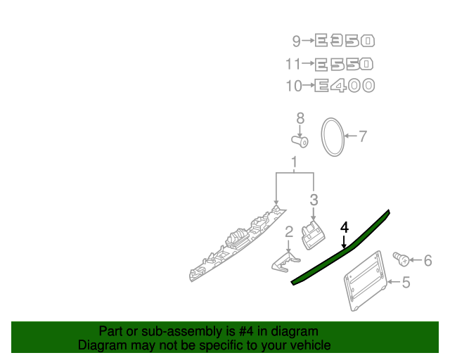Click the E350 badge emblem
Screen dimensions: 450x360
coord(345,41)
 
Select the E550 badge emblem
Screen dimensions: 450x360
coord(344,64)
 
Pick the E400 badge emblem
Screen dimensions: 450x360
coord(345,86)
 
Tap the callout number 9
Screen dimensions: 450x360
coord(296,41)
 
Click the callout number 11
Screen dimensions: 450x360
coord(293,64)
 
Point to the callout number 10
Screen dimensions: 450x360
coord(294,86)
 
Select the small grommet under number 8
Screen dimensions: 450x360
coord(300,141)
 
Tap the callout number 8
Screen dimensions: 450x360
coord(300,118)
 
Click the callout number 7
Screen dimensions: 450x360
coord(363,136)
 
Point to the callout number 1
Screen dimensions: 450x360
coord(294,162)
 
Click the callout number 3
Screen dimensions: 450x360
coord(314,200)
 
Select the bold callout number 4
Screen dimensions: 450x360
coord(345,227)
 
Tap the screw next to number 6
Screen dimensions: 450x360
coord(401,259)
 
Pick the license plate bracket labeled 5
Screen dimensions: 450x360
coord(366,281)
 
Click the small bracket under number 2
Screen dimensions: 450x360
coord(286,262)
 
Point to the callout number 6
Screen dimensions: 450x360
coord(427,261)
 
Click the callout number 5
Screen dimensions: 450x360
coord(406,283)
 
